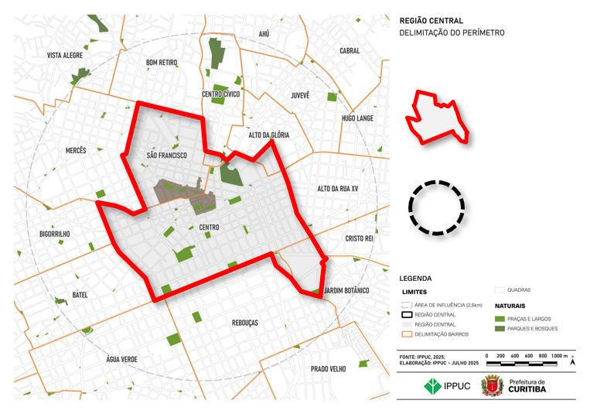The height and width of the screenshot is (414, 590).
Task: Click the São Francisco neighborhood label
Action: [167, 156]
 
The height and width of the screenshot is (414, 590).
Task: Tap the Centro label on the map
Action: [209, 228]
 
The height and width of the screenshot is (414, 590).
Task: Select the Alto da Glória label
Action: [268, 135]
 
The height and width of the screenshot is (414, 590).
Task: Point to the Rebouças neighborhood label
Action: [244, 322]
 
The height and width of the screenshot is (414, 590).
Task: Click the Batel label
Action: [80, 295]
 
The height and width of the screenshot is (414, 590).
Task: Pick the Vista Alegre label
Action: [65, 56]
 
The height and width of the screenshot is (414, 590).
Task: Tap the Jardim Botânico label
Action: [346, 290]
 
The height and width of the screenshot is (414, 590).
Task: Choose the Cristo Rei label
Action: [359, 239]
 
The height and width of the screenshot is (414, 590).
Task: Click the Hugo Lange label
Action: [357, 118]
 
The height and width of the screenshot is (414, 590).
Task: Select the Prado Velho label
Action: [328, 369]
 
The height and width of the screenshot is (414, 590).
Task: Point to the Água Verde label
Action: [121, 359]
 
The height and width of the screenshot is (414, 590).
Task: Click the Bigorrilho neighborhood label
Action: [54, 233]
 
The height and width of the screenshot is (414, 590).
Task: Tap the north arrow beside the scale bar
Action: [571, 361]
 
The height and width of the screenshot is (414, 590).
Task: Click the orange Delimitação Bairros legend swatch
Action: [406, 335]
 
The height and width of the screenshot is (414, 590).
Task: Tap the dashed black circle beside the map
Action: [436, 207]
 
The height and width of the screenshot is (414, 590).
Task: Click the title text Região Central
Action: [431, 21]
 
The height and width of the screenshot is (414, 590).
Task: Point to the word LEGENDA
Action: [415, 279]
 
